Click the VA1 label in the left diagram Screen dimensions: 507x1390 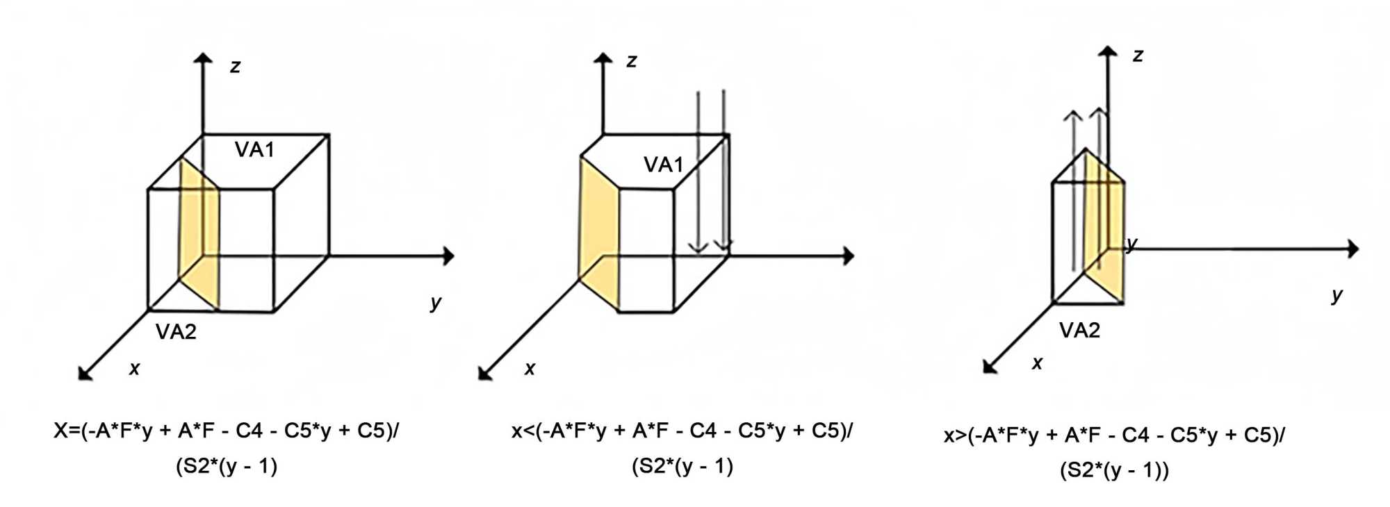point(254,150)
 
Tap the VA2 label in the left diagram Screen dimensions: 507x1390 point(176,332)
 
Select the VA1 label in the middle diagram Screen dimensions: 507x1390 point(663,165)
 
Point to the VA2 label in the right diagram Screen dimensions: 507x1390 point(1079,331)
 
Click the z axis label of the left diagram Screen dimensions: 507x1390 point(235,67)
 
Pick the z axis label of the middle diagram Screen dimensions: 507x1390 point(631,61)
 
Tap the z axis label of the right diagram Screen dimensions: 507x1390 point(1137,56)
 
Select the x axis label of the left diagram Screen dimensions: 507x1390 point(134,369)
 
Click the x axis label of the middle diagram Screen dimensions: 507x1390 point(530,369)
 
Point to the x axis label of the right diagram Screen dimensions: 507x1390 point(1037,363)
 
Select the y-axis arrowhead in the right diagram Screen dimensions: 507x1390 point(1352,249)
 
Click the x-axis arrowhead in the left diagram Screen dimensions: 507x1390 point(84,374)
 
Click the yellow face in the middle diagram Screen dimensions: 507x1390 point(598,236)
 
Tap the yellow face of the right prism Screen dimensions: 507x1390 point(1105,229)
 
